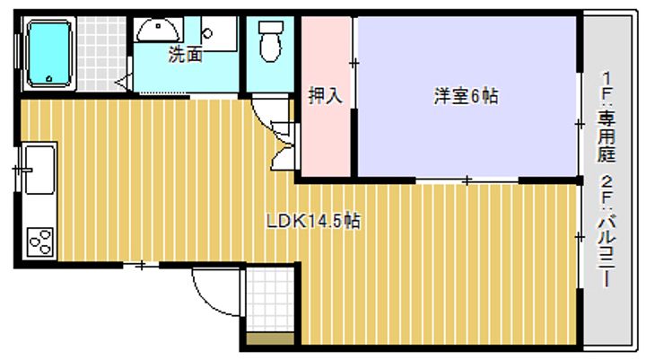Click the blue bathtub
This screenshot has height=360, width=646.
[x=49, y=54]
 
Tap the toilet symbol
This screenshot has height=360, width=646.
[x=271, y=41]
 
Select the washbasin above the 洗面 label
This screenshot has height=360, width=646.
[x=158, y=31]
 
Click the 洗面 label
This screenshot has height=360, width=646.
[x=186, y=55]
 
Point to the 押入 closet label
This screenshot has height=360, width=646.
[x=326, y=95]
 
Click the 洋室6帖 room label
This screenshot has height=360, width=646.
[x=466, y=96]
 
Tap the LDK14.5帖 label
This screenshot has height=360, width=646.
[x=313, y=222]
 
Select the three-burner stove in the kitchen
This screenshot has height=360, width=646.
[x=40, y=241]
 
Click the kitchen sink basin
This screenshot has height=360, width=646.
[x=39, y=170]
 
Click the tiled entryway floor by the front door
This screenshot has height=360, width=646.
[x=270, y=300]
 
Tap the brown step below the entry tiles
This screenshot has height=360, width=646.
[x=270, y=338]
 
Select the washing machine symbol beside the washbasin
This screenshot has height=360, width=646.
[x=219, y=34]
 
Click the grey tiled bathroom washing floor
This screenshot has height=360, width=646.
[x=101, y=54]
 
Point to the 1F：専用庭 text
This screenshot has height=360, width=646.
[x=607, y=117]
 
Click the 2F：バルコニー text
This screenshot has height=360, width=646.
[x=607, y=231]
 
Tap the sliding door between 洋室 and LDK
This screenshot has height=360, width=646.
[x=467, y=180]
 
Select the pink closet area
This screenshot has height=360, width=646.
[x=326, y=96]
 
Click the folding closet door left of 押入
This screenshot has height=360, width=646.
[x=284, y=145]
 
